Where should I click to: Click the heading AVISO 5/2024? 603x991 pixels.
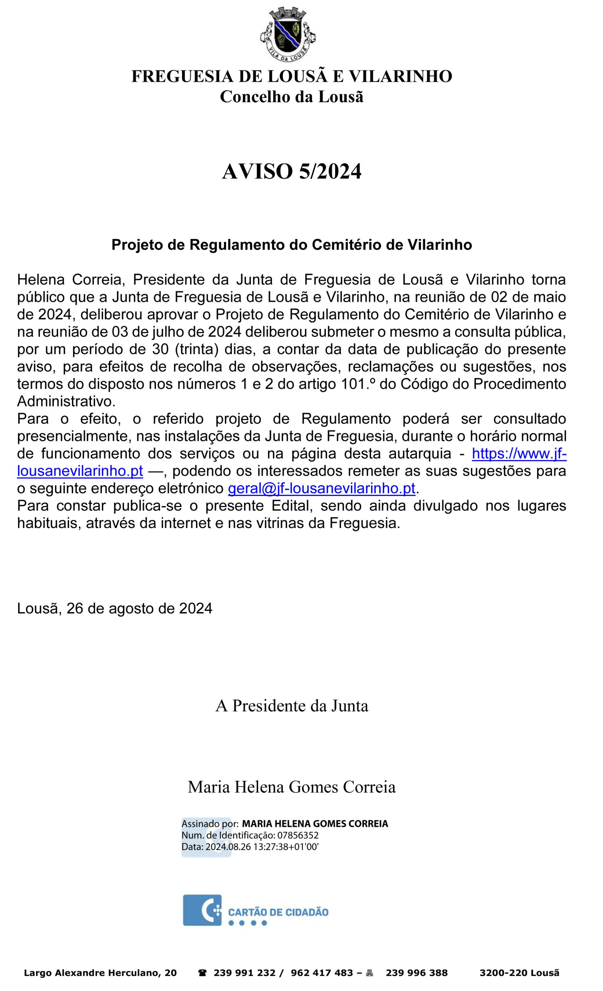(x=291, y=172)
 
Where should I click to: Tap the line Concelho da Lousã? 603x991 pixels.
(x=291, y=97)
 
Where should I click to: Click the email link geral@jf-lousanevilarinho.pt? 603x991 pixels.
(x=321, y=489)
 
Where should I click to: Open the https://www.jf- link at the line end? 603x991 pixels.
(x=519, y=454)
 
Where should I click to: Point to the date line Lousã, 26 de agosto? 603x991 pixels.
(x=115, y=609)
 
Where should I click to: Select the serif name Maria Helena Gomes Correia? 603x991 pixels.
(x=291, y=787)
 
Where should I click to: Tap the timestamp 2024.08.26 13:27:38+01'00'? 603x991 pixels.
(x=262, y=847)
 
